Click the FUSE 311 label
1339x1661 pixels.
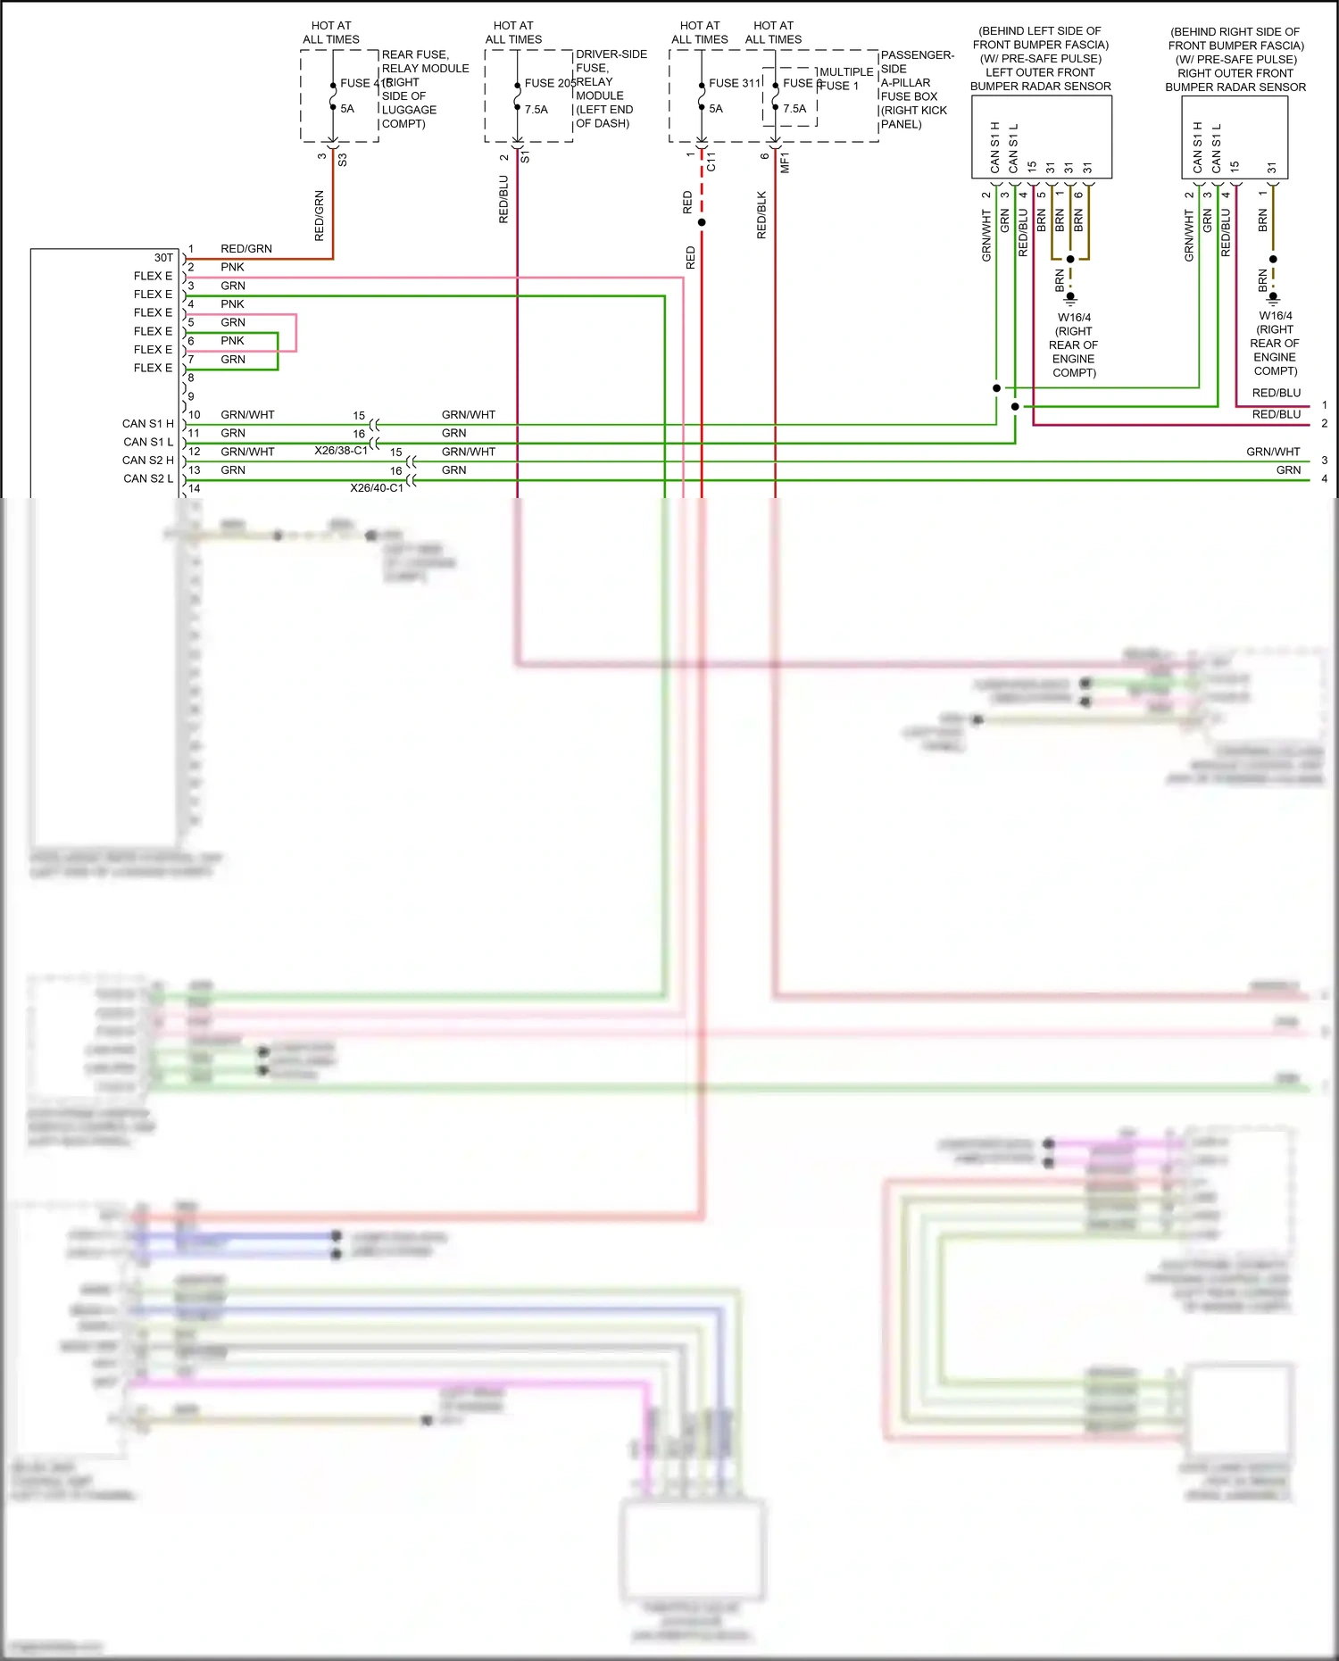click(x=734, y=83)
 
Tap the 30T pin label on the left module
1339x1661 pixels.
click(x=163, y=257)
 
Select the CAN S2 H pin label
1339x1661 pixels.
click(x=148, y=461)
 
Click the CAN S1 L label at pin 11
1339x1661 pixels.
click(x=148, y=442)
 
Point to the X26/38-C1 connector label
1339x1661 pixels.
click(x=341, y=451)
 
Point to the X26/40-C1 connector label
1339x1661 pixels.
click(x=377, y=488)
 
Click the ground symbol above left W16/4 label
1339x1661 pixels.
click(x=1070, y=298)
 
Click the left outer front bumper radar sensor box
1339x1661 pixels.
click(x=1041, y=136)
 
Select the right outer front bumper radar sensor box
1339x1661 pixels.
click(x=1235, y=136)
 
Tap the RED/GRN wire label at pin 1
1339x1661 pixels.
click(x=246, y=249)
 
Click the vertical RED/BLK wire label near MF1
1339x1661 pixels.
click(x=761, y=214)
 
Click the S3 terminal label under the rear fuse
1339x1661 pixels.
click(x=342, y=160)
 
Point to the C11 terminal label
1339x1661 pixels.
click(x=711, y=162)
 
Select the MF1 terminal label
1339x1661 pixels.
click(x=785, y=162)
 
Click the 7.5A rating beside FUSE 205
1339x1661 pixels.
click(x=536, y=110)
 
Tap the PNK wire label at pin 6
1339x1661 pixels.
click(x=232, y=341)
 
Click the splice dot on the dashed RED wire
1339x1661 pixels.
click(x=702, y=222)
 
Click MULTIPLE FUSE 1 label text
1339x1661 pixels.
click(x=845, y=79)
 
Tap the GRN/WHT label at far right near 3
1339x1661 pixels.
click(x=1273, y=452)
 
